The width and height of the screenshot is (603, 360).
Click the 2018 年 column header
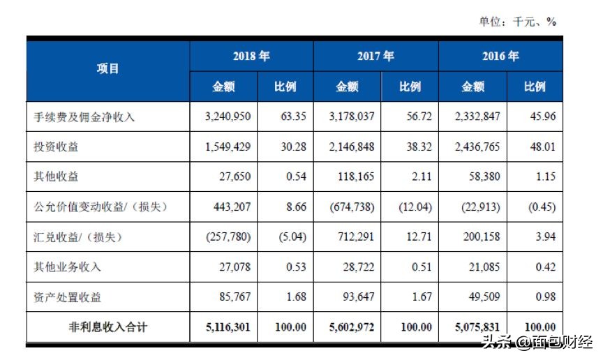point(251,56)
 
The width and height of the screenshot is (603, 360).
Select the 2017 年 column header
point(375,56)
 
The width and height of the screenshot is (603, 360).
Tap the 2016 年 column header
point(500,56)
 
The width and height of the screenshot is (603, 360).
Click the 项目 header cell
point(108,68)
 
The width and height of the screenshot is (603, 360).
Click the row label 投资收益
point(58,147)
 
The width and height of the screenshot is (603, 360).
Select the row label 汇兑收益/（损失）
point(79,237)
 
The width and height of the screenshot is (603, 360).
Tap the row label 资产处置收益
point(68,297)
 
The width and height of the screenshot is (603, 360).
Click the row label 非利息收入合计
point(108,327)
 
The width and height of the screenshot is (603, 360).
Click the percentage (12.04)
point(412,207)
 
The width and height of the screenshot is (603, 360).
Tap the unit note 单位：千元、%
point(517,22)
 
